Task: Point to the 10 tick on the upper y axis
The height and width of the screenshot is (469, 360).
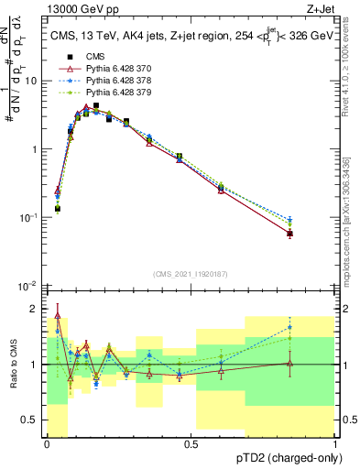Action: (32, 81)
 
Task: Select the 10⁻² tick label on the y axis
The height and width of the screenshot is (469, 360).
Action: (30, 286)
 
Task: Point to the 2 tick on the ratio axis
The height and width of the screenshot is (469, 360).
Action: (35, 307)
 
